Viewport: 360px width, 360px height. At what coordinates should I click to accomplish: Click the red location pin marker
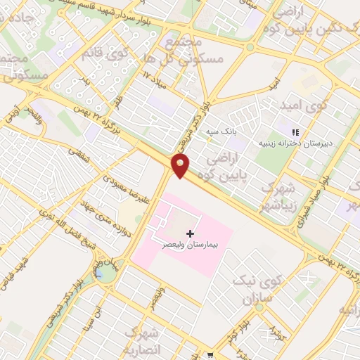point(181,166)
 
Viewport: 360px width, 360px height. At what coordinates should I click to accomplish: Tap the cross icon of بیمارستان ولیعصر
point(190,233)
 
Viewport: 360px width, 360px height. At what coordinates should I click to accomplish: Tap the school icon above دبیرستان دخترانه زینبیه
point(295,131)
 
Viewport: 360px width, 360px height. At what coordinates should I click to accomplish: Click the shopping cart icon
point(211,356)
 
